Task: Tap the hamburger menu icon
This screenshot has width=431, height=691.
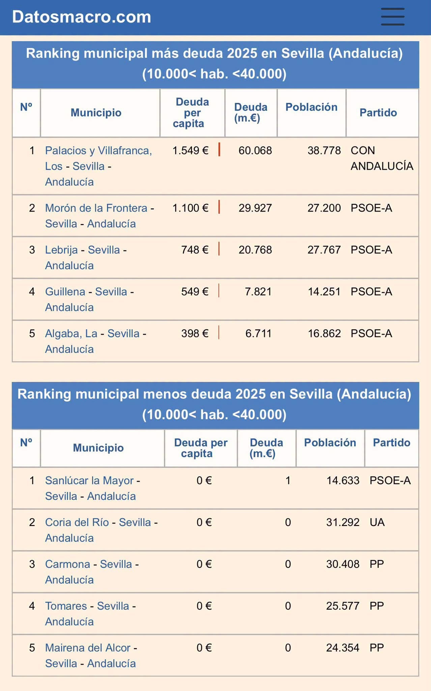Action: (x=393, y=17)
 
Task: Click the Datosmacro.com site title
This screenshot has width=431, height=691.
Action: (x=82, y=17)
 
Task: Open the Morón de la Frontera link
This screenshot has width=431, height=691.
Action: (x=96, y=208)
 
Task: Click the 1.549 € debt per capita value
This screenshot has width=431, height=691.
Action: (x=190, y=150)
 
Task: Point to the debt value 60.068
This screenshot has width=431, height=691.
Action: (x=255, y=150)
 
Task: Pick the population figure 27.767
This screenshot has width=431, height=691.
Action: (x=324, y=250)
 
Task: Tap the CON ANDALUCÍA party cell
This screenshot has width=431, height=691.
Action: (x=382, y=158)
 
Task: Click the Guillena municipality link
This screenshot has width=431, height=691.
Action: (x=65, y=292)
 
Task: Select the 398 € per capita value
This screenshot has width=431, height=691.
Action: (x=195, y=334)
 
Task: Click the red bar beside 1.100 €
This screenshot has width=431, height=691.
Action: (x=219, y=207)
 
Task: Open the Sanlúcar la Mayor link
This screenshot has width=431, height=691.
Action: (x=89, y=480)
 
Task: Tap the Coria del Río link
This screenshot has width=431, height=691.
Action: (x=77, y=522)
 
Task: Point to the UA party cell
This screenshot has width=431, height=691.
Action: (x=377, y=522)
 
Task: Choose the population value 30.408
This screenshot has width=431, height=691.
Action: (x=343, y=564)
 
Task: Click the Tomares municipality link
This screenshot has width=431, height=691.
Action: (x=66, y=606)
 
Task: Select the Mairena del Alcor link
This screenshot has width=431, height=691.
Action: (x=88, y=648)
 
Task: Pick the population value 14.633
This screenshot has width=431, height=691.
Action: (x=343, y=480)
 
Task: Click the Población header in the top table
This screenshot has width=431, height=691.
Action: (x=311, y=107)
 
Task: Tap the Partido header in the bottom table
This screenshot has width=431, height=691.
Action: (x=392, y=443)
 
